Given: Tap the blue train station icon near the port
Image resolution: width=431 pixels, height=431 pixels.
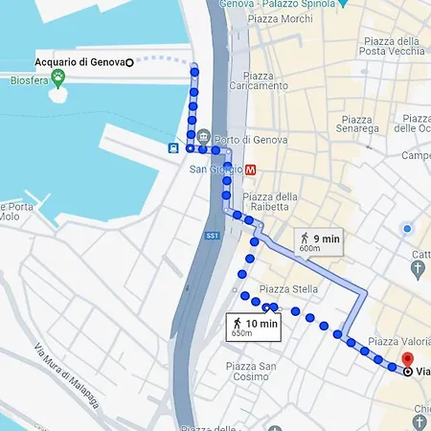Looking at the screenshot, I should point(173,147).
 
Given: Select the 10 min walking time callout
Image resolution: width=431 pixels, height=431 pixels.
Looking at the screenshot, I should point(254,328).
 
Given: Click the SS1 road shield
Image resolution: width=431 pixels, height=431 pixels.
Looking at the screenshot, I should point(213,236).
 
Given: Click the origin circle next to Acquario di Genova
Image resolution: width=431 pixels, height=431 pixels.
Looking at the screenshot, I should point(128,62).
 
